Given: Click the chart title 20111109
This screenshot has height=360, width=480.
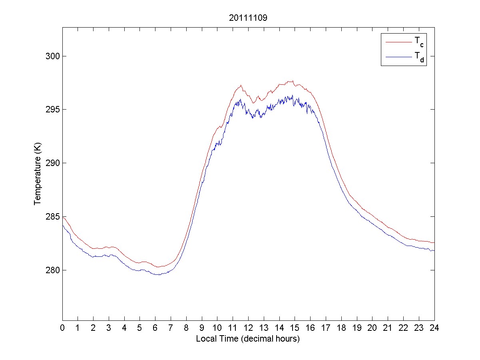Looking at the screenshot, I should tap(248, 18).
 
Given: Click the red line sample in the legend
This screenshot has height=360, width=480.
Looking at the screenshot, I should tap(398, 41).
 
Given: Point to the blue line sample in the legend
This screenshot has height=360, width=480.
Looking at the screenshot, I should tap(398, 58).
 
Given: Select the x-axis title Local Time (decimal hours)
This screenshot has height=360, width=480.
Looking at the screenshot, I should tap(248, 339).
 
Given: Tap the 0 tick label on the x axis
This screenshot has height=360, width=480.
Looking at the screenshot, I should tap(62, 328).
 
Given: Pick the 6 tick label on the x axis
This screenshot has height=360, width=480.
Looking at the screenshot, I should tap(155, 328).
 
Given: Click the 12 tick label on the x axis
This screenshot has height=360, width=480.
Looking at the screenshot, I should tap(248, 328).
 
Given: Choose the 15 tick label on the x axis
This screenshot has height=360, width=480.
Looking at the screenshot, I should tap(295, 328).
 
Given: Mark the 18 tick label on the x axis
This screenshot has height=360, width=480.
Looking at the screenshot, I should tap(341, 328).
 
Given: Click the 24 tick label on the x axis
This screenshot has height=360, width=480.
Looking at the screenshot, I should tap(434, 328).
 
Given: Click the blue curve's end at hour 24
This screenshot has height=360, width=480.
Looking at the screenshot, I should tap(434, 250).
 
